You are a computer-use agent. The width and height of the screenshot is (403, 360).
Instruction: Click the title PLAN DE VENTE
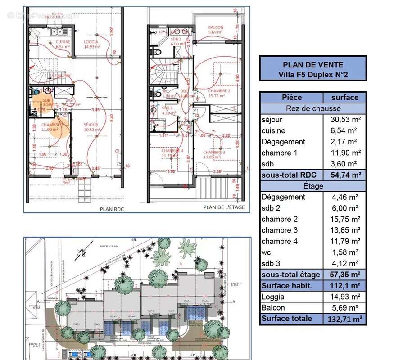pyautogui.click(x=313, y=64)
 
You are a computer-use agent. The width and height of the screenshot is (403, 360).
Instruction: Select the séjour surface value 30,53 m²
pyautogui.click(x=344, y=120)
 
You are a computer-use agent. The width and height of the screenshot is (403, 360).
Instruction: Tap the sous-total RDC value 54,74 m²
pyautogui.click(x=344, y=175)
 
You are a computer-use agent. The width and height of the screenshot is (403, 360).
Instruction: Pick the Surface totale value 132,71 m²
pyautogui.click(x=344, y=319)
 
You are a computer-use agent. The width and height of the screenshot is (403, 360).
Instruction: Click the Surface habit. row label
pyautogui.click(x=291, y=286)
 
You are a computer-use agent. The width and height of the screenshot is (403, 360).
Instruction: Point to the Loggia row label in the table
pyautogui.click(x=273, y=297)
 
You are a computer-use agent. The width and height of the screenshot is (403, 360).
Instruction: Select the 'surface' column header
pyautogui.click(x=344, y=97)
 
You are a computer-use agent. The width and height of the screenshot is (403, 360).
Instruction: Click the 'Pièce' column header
pyautogui.click(x=291, y=97)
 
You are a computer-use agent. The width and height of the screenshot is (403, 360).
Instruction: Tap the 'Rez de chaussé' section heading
pyautogui.click(x=313, y=108)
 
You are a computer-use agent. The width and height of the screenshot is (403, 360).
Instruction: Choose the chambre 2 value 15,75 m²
pyautogui.click(x=344, y=219)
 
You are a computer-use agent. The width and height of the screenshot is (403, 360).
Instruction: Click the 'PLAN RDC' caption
pyautogui.click(x=112, y=209)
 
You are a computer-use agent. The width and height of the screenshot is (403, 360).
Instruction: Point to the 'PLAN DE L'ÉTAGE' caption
pyautogui.click(x=224, y=207)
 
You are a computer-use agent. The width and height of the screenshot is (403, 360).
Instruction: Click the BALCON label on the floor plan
pyautogui.click(x=216, y=27)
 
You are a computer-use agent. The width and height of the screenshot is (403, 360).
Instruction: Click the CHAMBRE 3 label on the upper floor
pyautogui.click(x=213, y=152)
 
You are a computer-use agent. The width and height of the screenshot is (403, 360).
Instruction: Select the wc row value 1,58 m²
pyautogui.click(x=344, y=252)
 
